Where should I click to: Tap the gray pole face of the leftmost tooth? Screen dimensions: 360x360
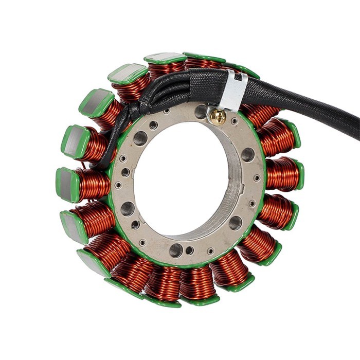[65, 183]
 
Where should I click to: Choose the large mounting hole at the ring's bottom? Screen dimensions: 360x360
[176, 250]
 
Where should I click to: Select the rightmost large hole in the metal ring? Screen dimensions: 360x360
[248, 154]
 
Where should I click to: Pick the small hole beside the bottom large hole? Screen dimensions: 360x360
[190, 250]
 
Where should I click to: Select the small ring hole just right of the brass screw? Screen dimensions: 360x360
[235, 121]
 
